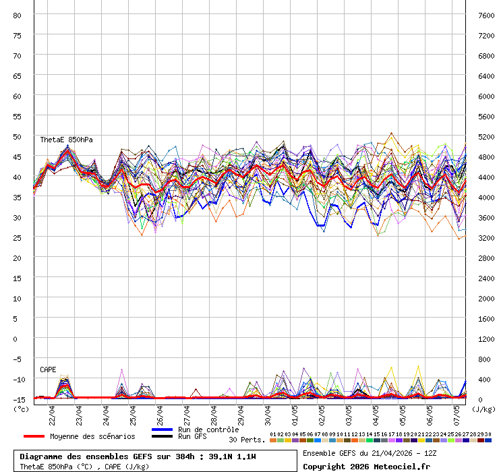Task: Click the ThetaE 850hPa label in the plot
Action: click(x=66, y=140)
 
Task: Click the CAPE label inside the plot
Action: click(x=48, y=370)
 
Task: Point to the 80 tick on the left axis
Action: click(x=18, y=15)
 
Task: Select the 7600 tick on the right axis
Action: click(x=486, y=15)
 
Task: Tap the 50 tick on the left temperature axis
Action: click(x=18, y=136)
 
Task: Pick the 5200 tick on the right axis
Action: click(x=486, y=136)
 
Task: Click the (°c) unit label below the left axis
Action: click(x=21, y=408)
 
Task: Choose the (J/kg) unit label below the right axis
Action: click(x=483, y=408)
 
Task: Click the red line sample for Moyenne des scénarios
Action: click(x=34, y=436)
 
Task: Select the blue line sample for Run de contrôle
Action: click(x=163, y=430)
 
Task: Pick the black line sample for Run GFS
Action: click(x=163, y=436)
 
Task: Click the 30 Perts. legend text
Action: click(x=247, y=440)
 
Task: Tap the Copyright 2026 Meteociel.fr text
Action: click(x=366, y=466)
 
